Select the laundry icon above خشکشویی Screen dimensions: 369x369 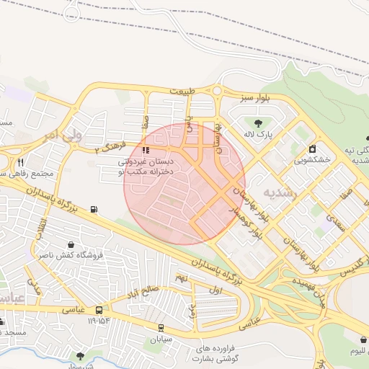click(312, 149)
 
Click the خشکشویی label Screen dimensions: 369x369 click(312, 160)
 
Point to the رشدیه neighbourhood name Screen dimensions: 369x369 click(280, 193)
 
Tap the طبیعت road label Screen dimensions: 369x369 click(183, 92)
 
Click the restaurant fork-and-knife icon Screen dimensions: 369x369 click(21, 162)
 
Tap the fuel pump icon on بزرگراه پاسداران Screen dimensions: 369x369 click(93, 210)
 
